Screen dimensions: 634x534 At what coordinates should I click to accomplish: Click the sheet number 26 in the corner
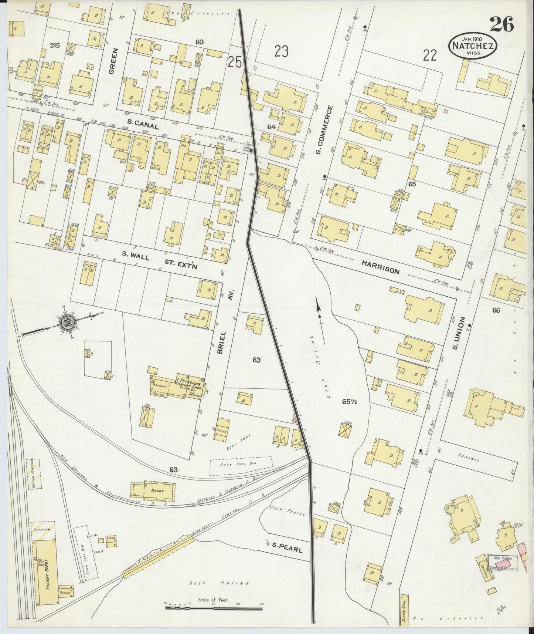click(x=502, y=25)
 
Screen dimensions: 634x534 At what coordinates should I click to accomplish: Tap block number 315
click(x=55, y=45)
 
